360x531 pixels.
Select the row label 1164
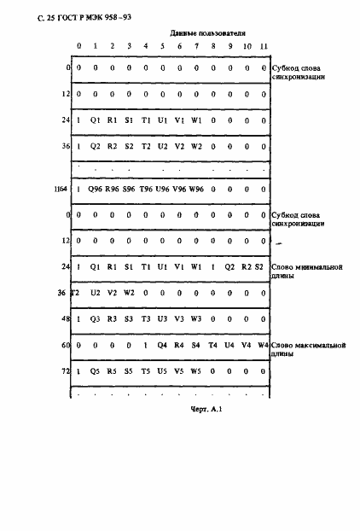coord(61,189)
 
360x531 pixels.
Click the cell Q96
coord(96,189)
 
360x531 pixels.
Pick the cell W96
coord(195,189)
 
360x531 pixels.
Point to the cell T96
coord(146,189)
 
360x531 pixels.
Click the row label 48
coord(64,318)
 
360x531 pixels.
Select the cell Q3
coord(96,318)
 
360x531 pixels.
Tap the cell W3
coord(195,318)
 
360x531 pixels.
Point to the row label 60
coord(64,346)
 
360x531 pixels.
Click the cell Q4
coord(162,346)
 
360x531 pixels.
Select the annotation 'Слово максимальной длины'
coord(306,349)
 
